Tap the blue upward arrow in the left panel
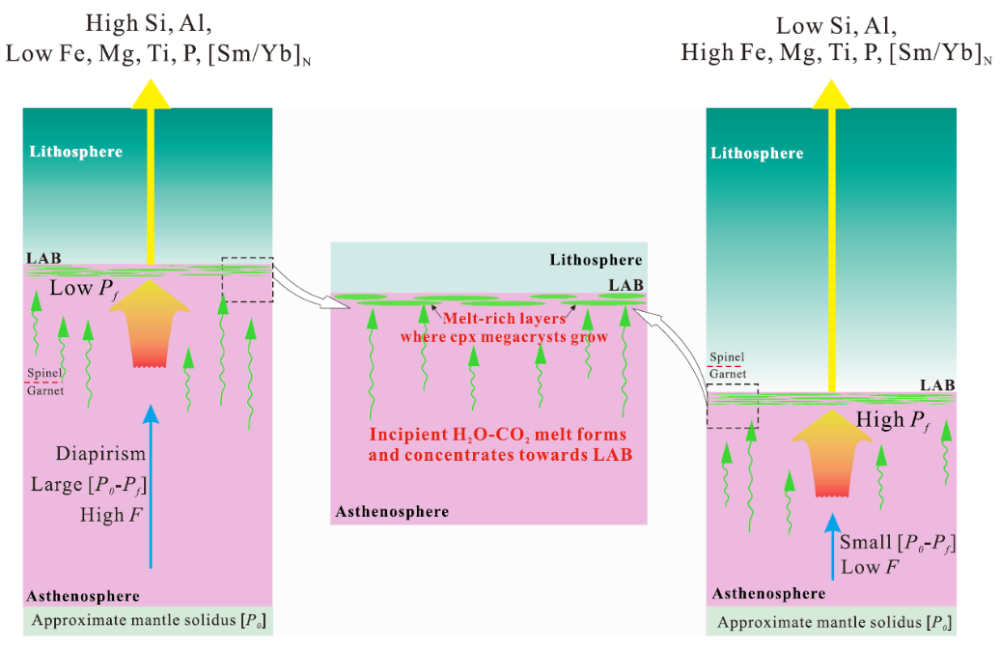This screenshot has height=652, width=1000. click(x=151, y=483)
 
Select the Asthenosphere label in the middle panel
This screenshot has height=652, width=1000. click(x=392, y=511)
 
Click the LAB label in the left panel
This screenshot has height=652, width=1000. click(x=42, y=259)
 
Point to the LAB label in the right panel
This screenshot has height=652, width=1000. click(x=936, y=385)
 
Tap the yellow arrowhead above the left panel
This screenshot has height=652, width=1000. click(x=151, y=93)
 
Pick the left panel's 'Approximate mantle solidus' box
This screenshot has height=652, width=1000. click(x=149, y=620)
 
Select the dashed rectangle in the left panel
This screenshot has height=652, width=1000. click(x=247, y=280)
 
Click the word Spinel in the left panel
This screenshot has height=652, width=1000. click(x=43, y=373)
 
